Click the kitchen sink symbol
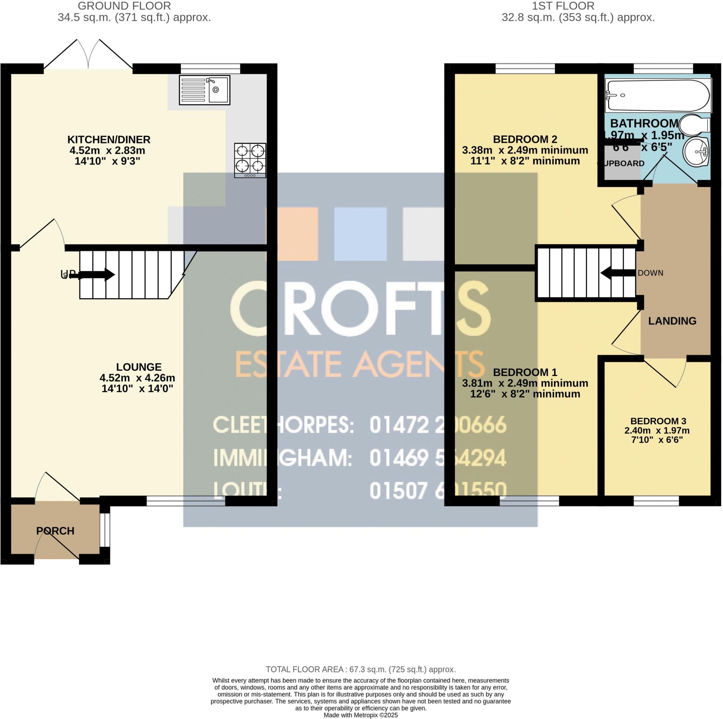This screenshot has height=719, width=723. tap(204, 90)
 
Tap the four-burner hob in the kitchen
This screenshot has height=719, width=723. tap(250, 160)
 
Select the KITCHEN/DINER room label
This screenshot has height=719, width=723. tap(109, 140)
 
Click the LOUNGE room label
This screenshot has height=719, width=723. tap(139, 367)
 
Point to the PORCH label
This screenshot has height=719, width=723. tap(55, 531)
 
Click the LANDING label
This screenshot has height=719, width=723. tap(672, 321)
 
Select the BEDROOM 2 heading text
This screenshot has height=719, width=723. tap(525, 139)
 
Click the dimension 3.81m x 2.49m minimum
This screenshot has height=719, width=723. tap(525, 383)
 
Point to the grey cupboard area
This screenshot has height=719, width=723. tap(622, 165)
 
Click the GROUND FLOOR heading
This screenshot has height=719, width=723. tap(124, 6)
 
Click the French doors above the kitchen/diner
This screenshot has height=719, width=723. tap(88, 56)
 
